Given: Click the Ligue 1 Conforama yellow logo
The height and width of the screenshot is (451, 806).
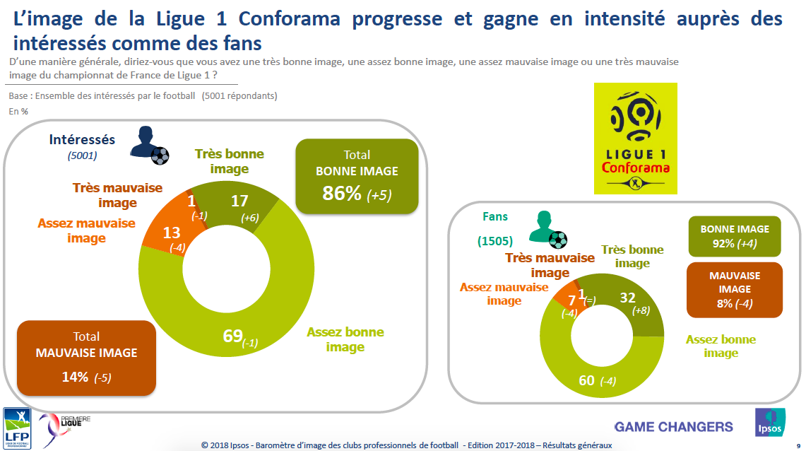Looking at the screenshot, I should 635,138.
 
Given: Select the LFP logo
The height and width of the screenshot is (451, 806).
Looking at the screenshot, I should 17,428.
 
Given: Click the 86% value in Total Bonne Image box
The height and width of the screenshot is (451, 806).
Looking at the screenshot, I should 342,193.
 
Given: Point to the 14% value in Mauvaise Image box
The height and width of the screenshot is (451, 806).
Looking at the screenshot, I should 76,377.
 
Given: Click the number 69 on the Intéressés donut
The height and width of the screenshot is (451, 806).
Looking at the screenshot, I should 233,336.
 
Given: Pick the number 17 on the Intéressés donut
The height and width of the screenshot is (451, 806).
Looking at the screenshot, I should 239,201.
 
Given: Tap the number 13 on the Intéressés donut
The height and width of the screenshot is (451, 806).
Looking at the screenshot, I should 170,233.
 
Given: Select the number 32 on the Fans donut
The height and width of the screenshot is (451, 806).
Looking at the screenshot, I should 627,298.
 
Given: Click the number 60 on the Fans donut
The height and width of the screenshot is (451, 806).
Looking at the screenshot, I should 586,380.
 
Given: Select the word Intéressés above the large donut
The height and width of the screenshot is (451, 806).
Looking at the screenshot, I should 82,140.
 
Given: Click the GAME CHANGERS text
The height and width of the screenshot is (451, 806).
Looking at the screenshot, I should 673,427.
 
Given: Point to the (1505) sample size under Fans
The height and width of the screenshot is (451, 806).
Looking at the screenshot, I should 494,241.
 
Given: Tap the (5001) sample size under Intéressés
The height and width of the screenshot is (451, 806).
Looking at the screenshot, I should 82,156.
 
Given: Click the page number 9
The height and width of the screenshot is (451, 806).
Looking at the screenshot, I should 798,445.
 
